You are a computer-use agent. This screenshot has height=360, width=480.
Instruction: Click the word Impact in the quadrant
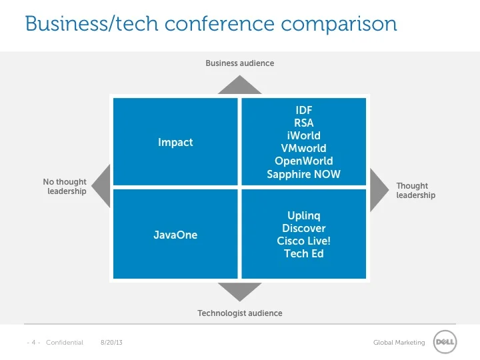click(x=175, y=142)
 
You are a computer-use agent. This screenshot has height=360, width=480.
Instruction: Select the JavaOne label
click(x=175, y=235)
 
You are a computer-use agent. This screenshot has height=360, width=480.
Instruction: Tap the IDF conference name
click(x=304, y=110)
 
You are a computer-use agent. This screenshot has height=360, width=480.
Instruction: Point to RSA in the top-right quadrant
click(x=304, y=123)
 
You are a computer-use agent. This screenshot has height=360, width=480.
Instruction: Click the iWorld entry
click(x=304, y=135)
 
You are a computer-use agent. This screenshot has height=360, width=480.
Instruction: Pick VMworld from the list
click(x=304, y=148)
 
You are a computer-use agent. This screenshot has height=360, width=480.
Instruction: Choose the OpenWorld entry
click(x=304, y=161)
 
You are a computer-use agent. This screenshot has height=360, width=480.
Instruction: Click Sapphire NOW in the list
click(x=304, y=174)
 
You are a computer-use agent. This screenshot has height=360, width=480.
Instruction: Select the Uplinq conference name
click(x=304, y=215)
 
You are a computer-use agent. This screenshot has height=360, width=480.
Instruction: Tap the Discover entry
click(x=304, y=228)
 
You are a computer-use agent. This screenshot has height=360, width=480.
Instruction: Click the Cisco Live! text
click(x=304, y=241)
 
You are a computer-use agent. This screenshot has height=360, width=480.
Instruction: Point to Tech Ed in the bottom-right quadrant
click(x=304, y=253)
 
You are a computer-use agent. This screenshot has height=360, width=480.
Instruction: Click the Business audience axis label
click(x=240, y=63)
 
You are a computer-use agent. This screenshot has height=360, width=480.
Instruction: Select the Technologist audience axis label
click(x=240, y=313)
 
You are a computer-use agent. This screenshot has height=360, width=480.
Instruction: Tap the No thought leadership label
click(x=65, y=187)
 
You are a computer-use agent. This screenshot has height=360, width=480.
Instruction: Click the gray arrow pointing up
click(x=240, y=86)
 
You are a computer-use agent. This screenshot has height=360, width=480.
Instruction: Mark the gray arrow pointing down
click(x=240, y=291)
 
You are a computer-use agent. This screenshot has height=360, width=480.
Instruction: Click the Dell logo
click(x=445, y=342)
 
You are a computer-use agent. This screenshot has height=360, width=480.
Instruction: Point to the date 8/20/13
click(x=112, y=343)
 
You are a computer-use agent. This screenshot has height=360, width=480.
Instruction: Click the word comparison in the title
click(x=339, y=24)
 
